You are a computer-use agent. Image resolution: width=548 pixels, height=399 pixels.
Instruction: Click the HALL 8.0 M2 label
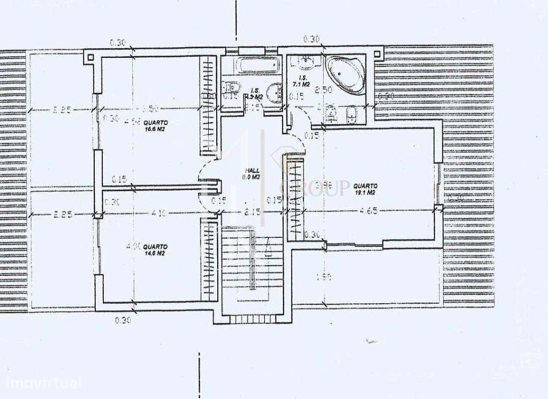point(251,174)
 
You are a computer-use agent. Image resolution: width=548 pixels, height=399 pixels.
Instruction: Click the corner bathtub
point(345,72)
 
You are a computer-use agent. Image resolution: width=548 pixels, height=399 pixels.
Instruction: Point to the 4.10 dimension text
point(158,213)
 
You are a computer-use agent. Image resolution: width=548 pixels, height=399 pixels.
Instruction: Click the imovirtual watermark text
point(44,383)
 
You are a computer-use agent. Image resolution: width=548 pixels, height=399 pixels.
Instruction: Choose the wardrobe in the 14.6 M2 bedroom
point(207,258)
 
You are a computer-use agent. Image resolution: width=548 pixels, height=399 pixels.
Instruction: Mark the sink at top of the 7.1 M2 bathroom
point(307,62)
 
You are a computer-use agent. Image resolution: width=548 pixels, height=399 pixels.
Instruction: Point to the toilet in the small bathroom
point(232,87)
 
